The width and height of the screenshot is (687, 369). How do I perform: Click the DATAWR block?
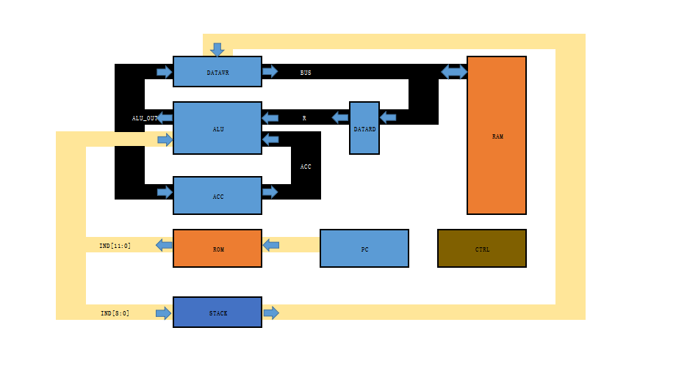point(217,72)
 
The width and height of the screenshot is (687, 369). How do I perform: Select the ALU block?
point(217,128)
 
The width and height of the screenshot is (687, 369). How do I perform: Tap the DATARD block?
point(364,128)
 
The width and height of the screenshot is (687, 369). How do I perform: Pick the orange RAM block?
point(497,136)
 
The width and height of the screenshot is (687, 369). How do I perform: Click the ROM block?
point(217,249)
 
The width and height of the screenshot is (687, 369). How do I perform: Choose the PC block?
point(364,249)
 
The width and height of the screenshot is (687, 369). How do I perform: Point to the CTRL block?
point(482,249)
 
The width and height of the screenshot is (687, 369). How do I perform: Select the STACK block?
point(217,313)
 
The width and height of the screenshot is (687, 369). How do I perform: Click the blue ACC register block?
point(217,196)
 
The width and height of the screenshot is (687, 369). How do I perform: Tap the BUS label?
point(306,73)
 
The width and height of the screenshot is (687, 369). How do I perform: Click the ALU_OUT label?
point(144,118)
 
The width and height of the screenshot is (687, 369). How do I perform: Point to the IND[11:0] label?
point(115,246)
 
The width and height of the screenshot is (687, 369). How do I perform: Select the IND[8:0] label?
point(115,313)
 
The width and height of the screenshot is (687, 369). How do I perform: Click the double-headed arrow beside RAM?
point(454,72)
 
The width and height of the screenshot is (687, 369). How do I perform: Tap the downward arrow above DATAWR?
point(217,50)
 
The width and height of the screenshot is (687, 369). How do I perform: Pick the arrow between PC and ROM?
point(271,245)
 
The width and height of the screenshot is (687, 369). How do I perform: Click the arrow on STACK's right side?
point(271,313)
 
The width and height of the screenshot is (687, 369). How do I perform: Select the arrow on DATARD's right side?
point(388,117)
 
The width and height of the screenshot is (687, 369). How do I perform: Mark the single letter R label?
point(304,118)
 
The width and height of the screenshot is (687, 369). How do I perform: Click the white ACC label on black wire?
point(306,167)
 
